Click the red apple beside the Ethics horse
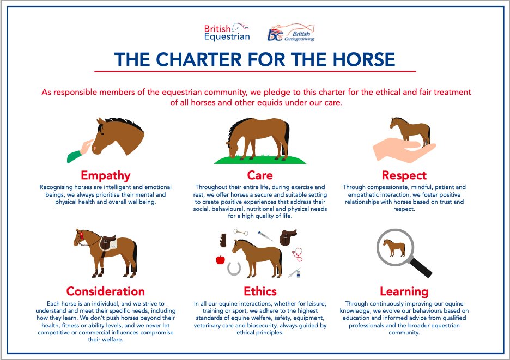[x=220, y=260]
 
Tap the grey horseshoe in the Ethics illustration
[x=235, y=268]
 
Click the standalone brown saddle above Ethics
[x=288, y=237]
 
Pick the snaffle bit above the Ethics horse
[x=241, y=233]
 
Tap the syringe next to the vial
[x=294, y=273]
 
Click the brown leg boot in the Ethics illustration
[x=222, y=240]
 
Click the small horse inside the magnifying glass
[x=394, y=248]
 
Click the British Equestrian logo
[x=226, y=32]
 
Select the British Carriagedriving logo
[x=291, y=33]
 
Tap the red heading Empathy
[x=106, y=175]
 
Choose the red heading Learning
[x=404, y=291]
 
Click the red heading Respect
[x=404, y=175]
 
